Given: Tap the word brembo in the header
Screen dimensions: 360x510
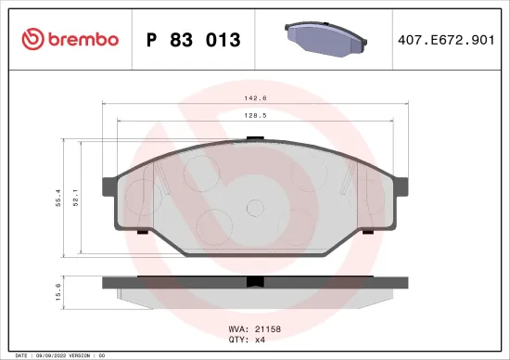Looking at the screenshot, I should pyautogui.click(x=83, y=39).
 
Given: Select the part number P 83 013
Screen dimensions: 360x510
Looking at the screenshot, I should pyautogui.click(x=194, y=40).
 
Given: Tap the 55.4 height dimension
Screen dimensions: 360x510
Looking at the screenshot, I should pyautogui.click(x=59, y=198).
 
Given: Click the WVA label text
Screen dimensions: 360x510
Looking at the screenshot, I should pyautogui.click(x=236, y=329).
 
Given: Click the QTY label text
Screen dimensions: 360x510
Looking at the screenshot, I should pyautogui.click(x=236, y=340).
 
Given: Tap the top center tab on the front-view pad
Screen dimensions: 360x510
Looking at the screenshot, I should pyautogui.click(x=256, y=138).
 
